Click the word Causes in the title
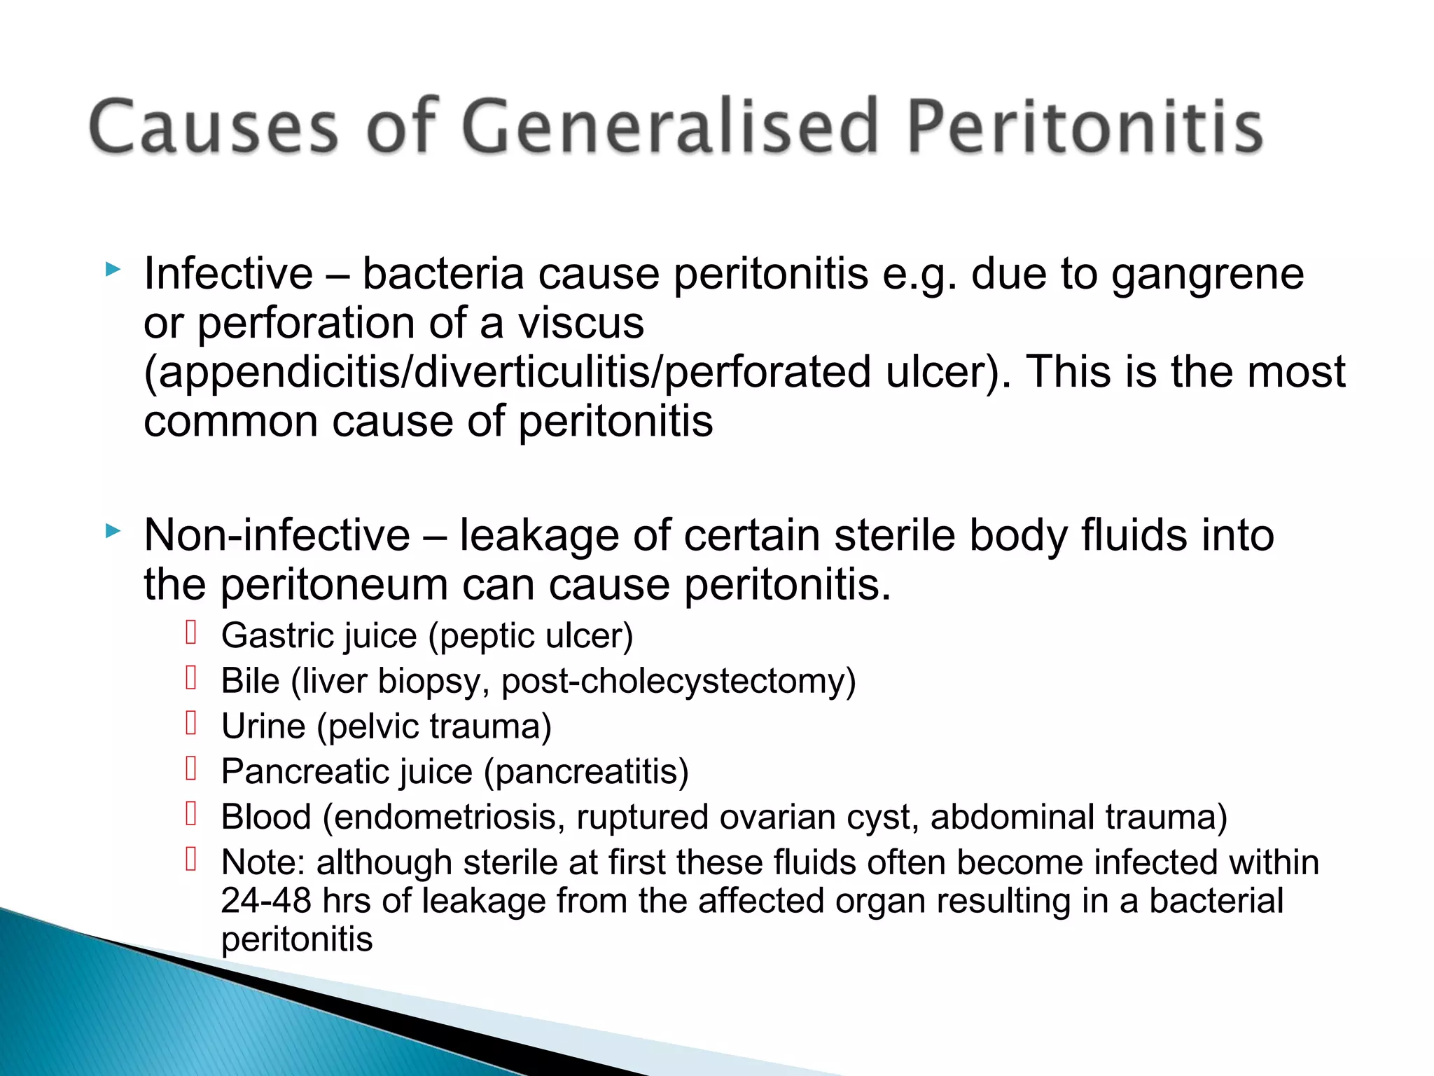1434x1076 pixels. point(214,126)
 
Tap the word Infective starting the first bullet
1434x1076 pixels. point(228,273)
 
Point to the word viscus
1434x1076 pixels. point(580,324)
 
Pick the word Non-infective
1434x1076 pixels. point(277,536)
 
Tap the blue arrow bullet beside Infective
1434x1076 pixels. point(112,269)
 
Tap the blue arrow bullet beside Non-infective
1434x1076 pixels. point(112,531)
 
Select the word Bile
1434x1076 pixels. point(250,681)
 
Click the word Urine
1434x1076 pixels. point(263,726)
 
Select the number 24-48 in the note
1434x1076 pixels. point(265,901)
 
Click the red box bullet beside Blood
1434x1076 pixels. point(191,813)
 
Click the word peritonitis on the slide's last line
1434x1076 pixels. point(297,940)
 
